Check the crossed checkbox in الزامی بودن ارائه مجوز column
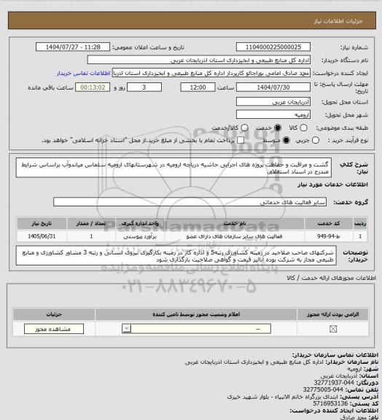tap(333, 330)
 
